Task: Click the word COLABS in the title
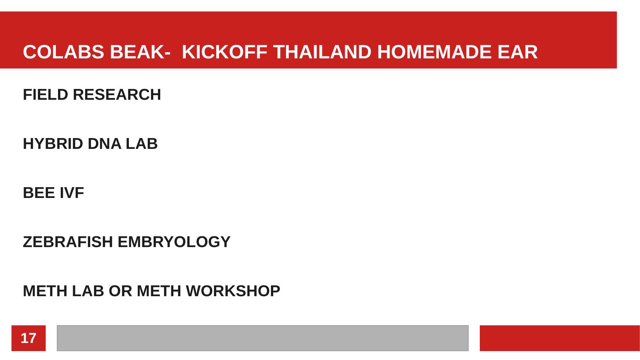[63, 52]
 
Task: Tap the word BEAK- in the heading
[140, 52]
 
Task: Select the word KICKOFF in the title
[224, 52]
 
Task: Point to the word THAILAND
[322, 52]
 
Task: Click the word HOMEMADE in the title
[435, 52]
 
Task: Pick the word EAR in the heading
[518, 52]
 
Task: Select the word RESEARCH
[117, 94]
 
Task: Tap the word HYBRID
[53, 143]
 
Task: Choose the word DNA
[104, 143]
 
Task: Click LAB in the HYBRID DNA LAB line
[142, 143]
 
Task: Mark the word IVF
[72, 193]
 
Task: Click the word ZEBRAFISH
[68, 242]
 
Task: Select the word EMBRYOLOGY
[174, 242]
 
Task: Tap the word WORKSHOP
[233, 291]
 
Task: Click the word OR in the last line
[121, 291]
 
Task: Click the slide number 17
[29, 338]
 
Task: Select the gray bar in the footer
[263, 338]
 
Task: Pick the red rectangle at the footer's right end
[560, 338]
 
